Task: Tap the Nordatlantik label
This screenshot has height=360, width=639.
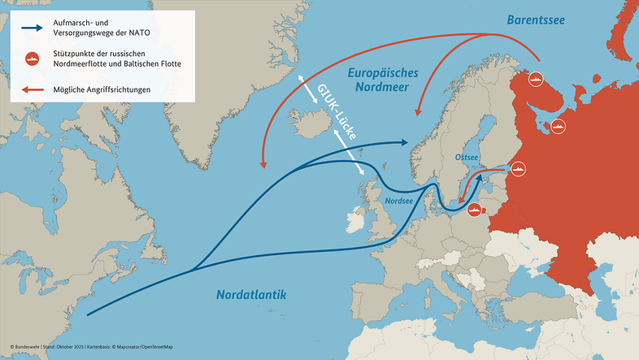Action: [252, 293]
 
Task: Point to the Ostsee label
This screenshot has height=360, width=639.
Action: [467, 157]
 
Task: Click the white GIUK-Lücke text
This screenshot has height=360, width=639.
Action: [334, 117]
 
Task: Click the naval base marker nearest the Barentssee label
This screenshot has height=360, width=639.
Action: [536, 80]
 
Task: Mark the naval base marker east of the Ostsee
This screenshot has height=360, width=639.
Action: [519, 169]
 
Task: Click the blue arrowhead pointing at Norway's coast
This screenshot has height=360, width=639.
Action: [403, 141]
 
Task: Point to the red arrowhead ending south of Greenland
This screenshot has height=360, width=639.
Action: [263, 164]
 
